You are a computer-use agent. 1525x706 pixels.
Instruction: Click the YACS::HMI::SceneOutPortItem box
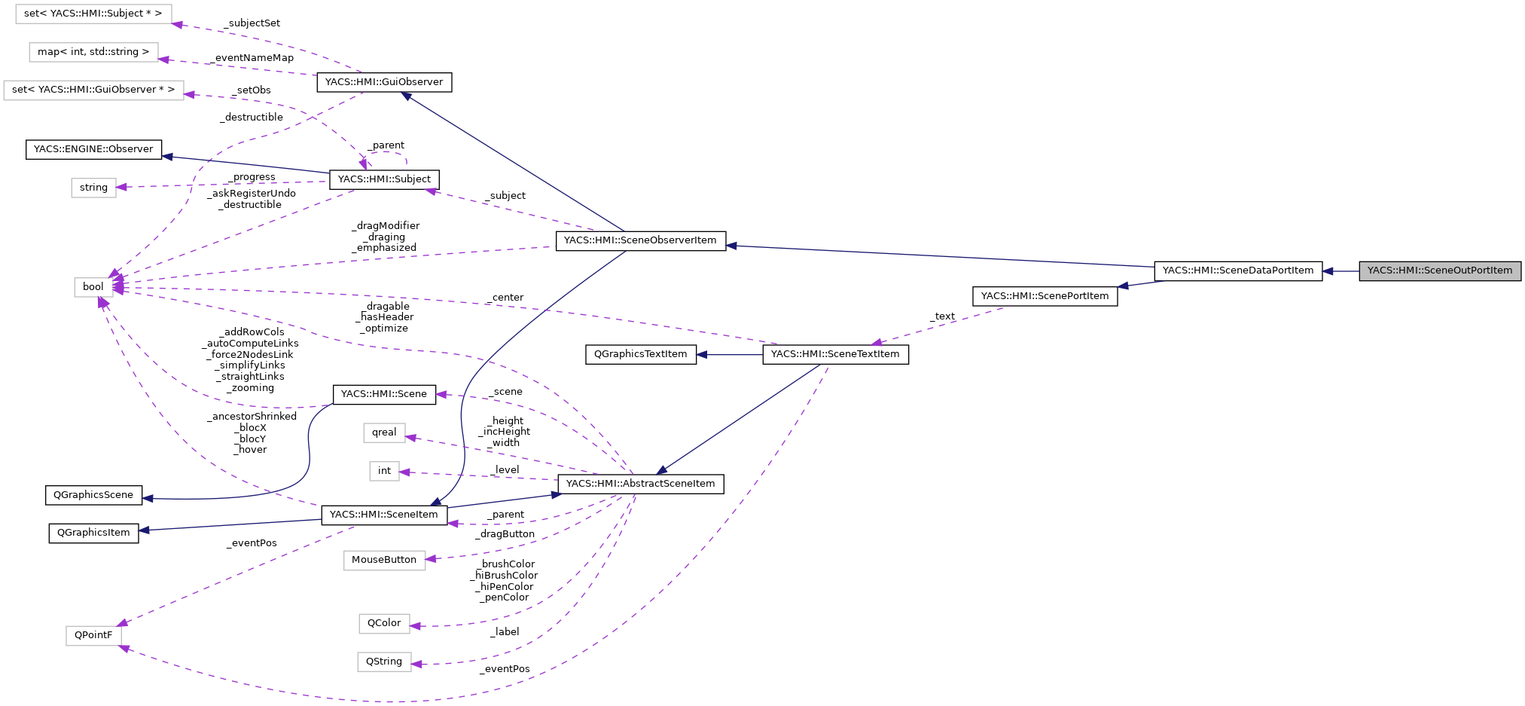point(1439,271)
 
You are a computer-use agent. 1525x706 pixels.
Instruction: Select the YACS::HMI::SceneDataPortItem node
point(1237,271)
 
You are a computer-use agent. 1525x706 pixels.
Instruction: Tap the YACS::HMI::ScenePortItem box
point(1045,296)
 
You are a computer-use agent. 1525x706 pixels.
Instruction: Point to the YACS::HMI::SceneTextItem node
point(835,354)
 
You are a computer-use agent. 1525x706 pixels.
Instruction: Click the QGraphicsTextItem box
point(640,354)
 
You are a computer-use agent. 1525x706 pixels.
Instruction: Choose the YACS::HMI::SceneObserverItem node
point(640,240)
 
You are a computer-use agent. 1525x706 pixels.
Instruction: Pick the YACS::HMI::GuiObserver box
point(384,82)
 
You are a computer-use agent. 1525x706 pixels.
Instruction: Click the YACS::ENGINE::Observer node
point(93,149)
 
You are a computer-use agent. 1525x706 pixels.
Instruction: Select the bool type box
point(93,287)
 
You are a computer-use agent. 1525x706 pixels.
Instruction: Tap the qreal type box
point(384,432)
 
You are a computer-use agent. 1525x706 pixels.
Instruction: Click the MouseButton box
point(384,560)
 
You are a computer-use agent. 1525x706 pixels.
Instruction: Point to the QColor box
point(384,623)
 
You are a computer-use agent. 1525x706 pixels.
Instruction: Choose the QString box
point(384,662)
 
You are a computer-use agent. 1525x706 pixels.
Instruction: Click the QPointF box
point(93,635)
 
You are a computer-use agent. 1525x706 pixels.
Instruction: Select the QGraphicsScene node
point(93,495)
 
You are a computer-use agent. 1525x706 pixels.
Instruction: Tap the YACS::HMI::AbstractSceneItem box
point(640,484)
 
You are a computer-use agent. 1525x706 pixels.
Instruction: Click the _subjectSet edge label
point(252,23)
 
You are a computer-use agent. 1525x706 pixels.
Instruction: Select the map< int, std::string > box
point(93,52)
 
